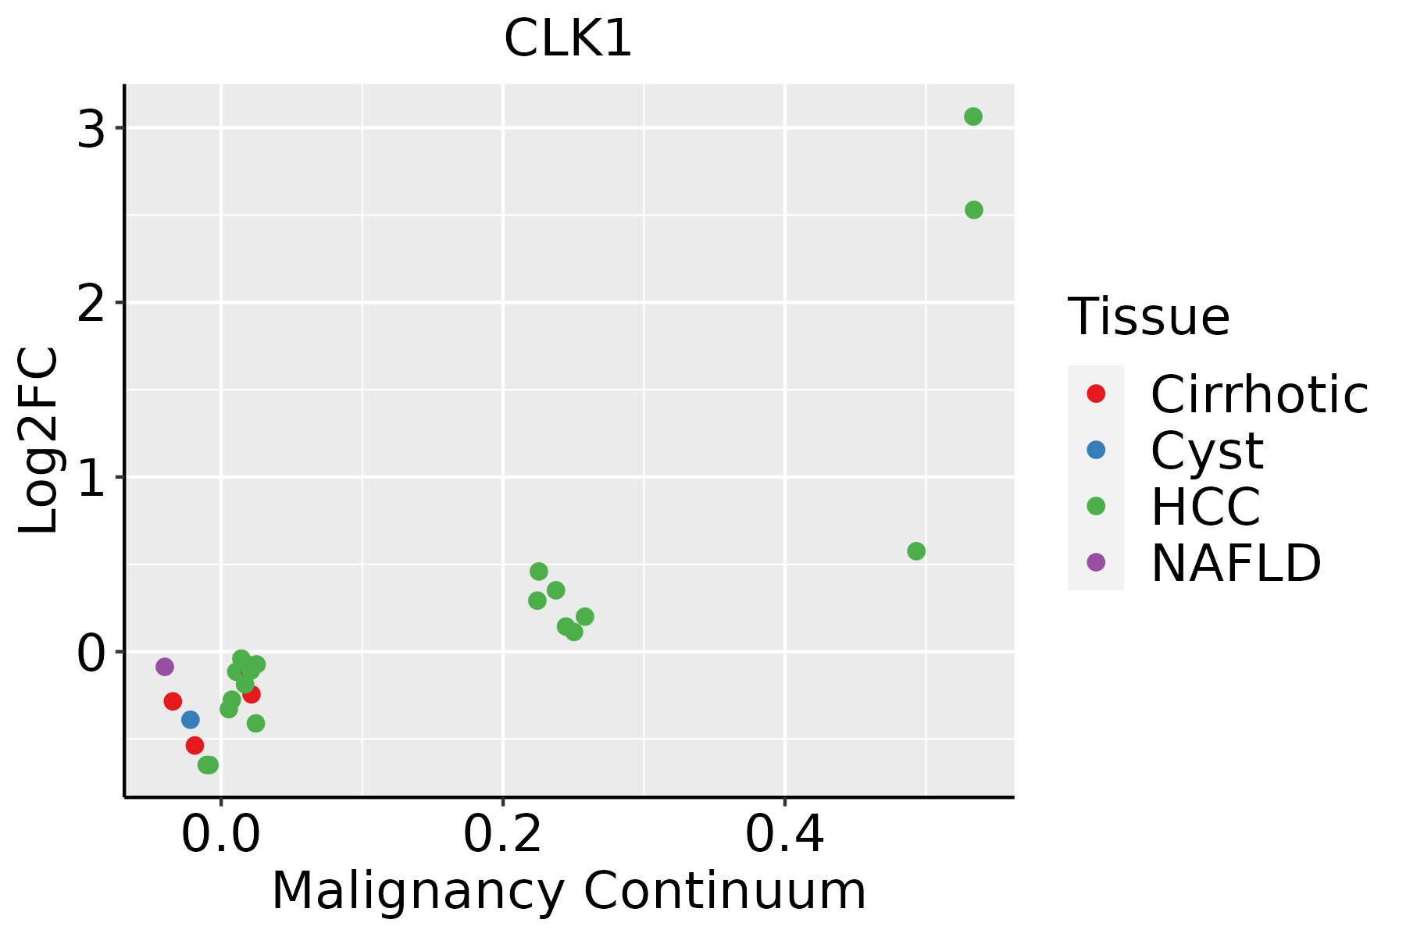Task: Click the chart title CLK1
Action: (568, 39)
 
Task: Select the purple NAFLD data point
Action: (164, 667)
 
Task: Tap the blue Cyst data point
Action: (190, 719)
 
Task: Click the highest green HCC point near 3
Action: (972, 117)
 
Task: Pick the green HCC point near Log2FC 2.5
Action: (973, 210)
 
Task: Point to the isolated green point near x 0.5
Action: (916, 551)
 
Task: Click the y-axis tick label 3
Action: (91, 130)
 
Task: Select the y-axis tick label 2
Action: (91, 305)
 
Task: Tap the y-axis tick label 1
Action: (91, 479)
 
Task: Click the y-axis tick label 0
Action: (91, 654)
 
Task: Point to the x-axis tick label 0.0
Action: (221, 835)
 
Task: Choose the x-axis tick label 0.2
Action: (503, 835)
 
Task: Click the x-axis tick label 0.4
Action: (784, 835)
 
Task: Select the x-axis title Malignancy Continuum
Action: (569, 891)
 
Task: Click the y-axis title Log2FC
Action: (39, 441)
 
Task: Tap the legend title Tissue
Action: (1148, 317)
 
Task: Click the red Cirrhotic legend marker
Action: (1096, 394)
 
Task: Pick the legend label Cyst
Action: (1207, 451)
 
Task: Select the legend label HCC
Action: (1205, 507)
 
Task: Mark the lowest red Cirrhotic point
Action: (194, 746)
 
